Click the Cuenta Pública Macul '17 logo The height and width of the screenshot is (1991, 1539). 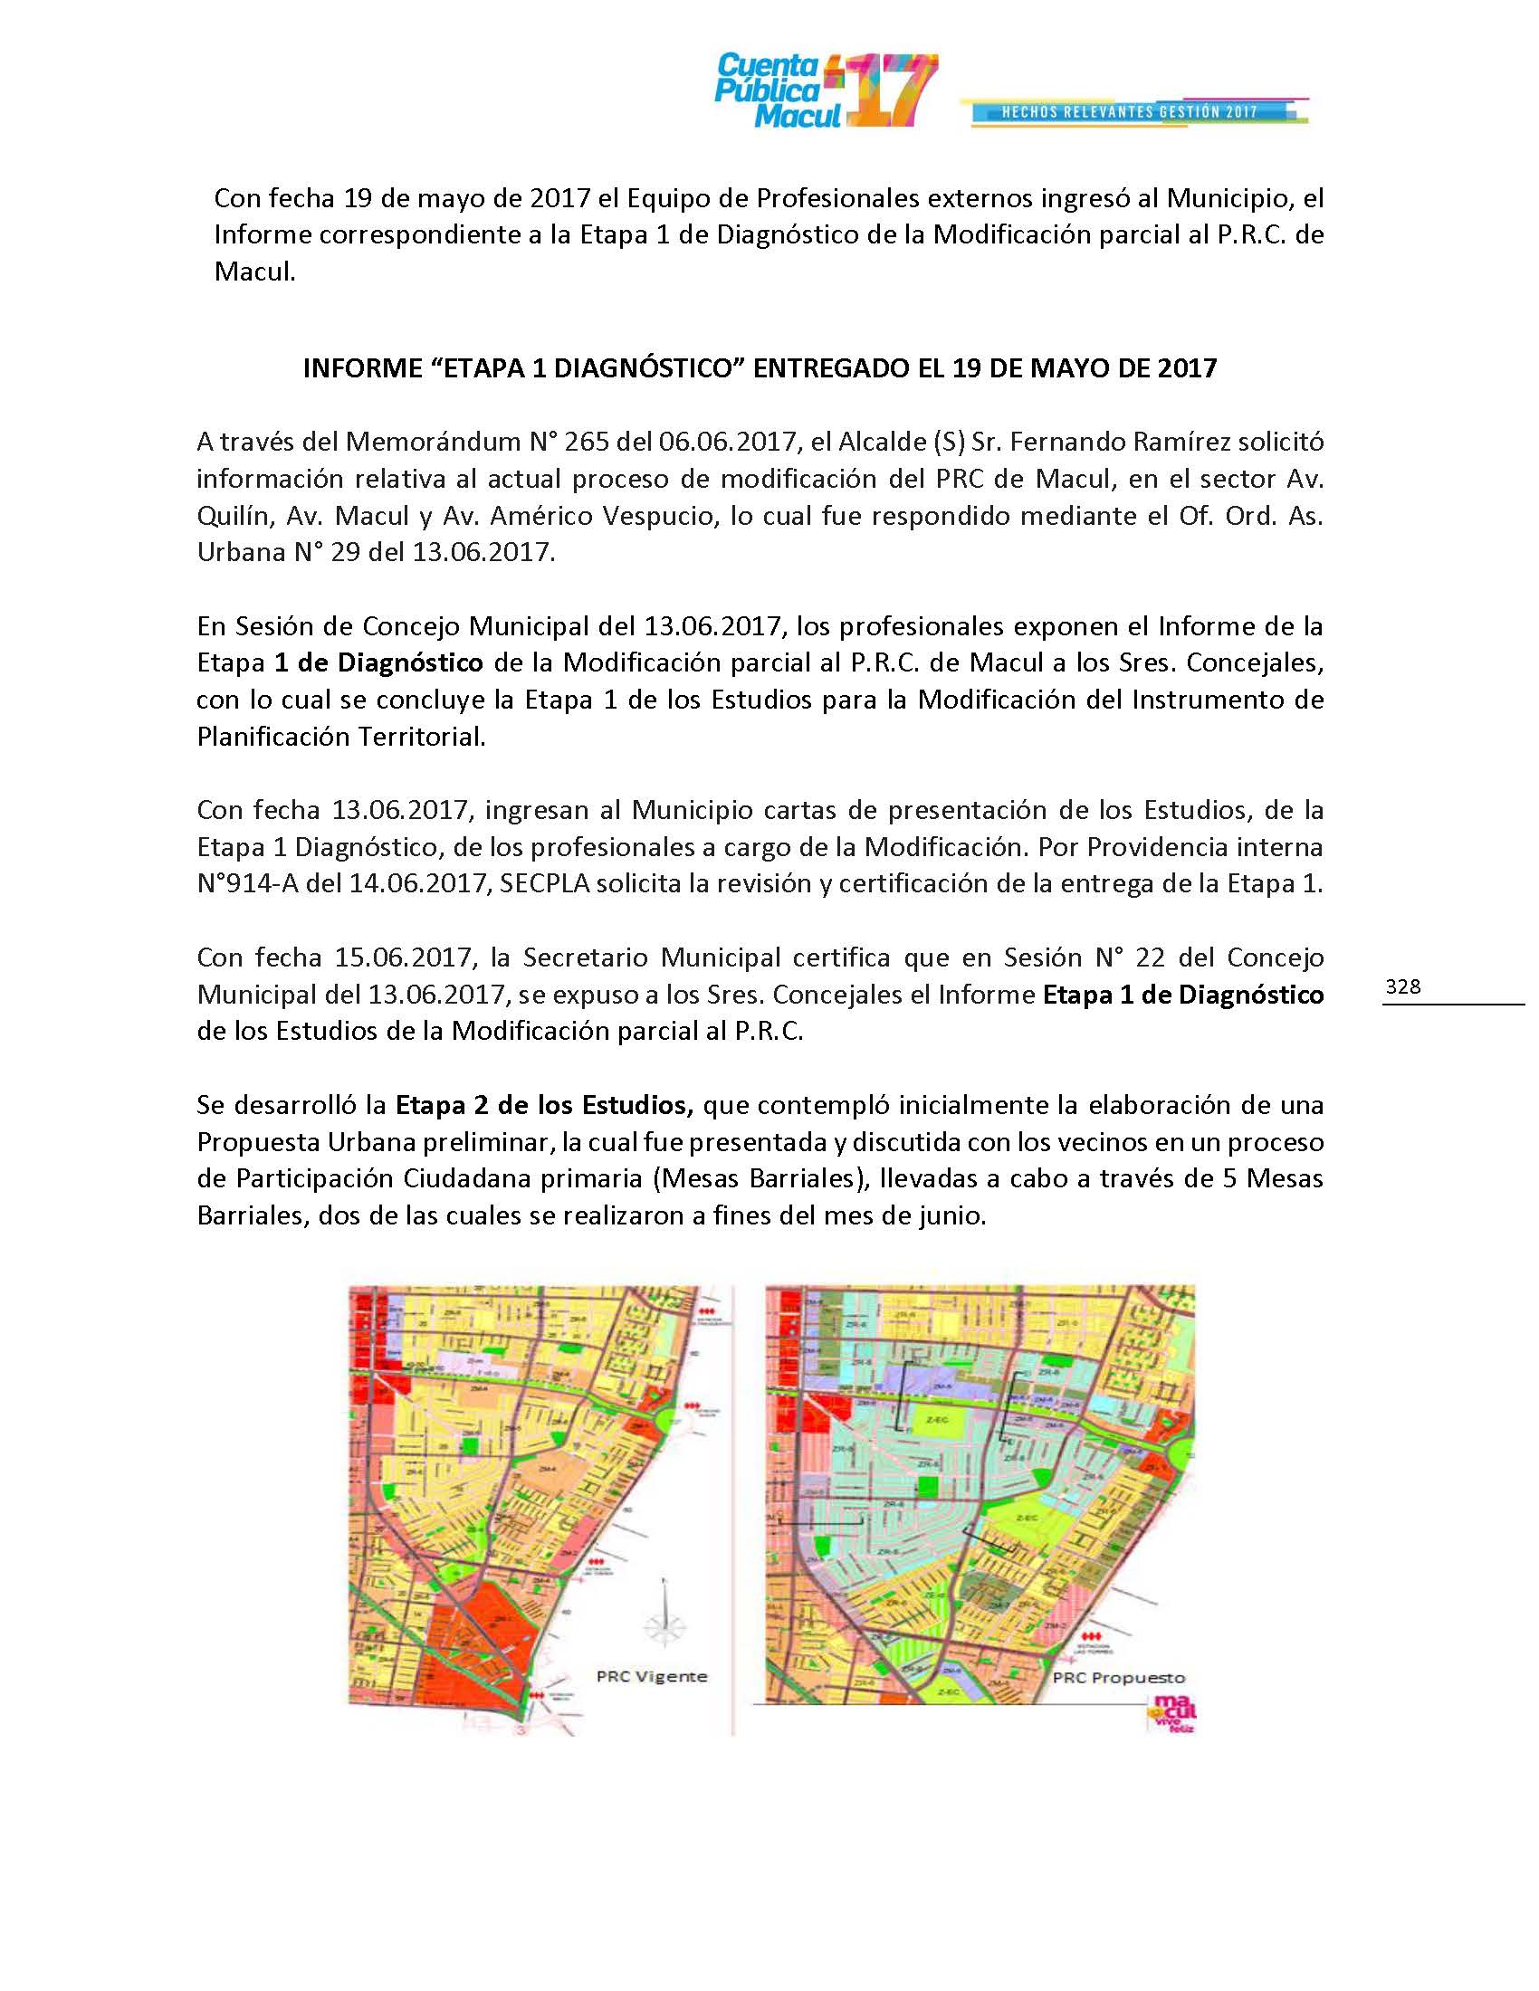pos(825,91)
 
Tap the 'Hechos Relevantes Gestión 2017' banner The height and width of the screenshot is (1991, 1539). pos(1131,112)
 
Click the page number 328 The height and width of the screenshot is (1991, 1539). pos(1402,986)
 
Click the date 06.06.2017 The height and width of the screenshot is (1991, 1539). pos(726,443)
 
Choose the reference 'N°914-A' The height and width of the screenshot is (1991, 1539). pos(246,884)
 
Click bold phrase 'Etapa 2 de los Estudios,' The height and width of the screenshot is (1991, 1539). pos(544,1105)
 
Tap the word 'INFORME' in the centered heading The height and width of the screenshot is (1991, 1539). pos(357,367)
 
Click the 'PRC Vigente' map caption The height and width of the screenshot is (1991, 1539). pos(651,1675)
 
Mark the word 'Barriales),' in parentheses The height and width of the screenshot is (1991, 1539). pos(807,1178)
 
